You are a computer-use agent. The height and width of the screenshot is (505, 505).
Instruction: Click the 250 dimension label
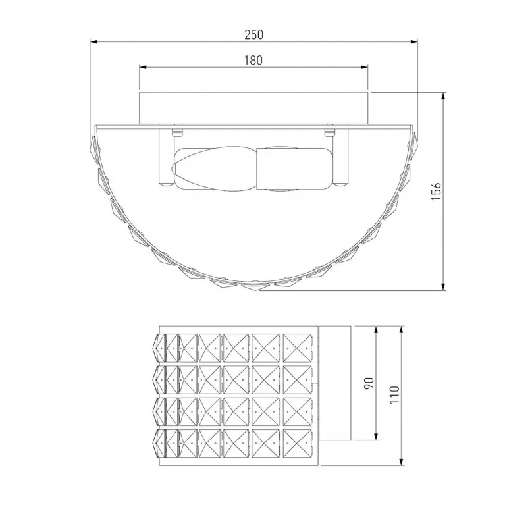(253, 34)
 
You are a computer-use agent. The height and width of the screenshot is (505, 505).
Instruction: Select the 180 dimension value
(253, 60)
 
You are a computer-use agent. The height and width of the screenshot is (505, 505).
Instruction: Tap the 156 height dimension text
(436, 192)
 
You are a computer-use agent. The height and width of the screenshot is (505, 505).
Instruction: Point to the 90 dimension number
(369, 383)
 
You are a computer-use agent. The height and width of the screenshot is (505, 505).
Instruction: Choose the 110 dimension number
(394, 395)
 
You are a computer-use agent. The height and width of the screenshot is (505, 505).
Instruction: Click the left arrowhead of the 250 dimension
(93, 41)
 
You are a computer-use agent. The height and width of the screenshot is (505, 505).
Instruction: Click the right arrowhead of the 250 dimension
(415, 41)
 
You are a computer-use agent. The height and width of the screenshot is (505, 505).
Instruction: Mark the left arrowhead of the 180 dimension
(143, 67)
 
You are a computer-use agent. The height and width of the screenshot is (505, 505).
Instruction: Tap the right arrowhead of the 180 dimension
(364, 67)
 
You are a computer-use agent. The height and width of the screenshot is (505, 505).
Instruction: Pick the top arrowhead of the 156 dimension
(444, 96)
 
